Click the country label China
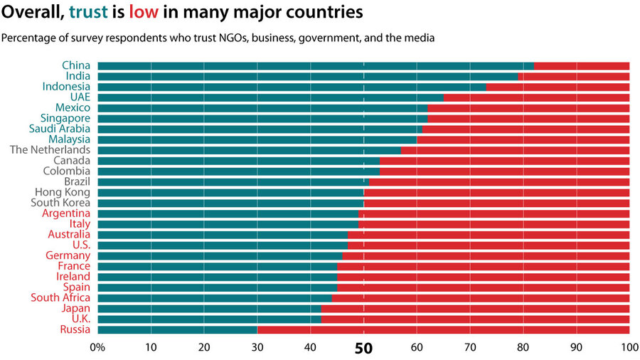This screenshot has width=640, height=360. [76, 65]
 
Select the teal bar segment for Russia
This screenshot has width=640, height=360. [177, 330]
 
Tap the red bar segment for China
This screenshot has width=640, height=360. [581, 65]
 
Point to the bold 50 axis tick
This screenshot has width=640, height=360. [364, 349]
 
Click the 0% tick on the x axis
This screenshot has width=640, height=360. [97, 348]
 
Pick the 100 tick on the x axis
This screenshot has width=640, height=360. [629, 348]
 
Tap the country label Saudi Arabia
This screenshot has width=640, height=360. [60, 129]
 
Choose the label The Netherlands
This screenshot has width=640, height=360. [50, 150]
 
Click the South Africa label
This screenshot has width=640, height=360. [60, 298]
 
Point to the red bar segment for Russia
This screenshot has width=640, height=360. [443, 330]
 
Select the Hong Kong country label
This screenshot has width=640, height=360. [63, 192]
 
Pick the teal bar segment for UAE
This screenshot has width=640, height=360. [270, 97]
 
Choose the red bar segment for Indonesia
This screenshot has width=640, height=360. [558, 87]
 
